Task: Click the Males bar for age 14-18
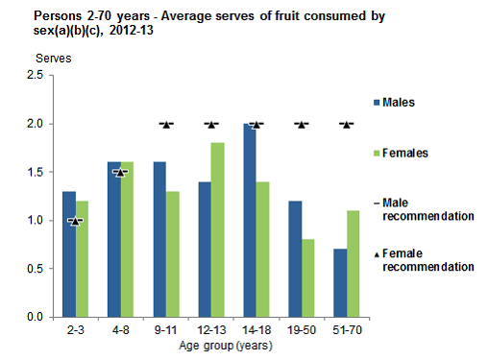(249, 220)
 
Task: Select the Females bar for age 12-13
(218, 229)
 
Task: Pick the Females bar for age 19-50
(308, 277)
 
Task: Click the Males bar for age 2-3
(68, 253)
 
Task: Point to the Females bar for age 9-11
(173, 253)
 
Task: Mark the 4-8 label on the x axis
(120, 328)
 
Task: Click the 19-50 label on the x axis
(302, 328)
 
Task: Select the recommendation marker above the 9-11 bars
(166, 124)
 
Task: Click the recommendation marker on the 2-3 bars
(75, 221)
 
